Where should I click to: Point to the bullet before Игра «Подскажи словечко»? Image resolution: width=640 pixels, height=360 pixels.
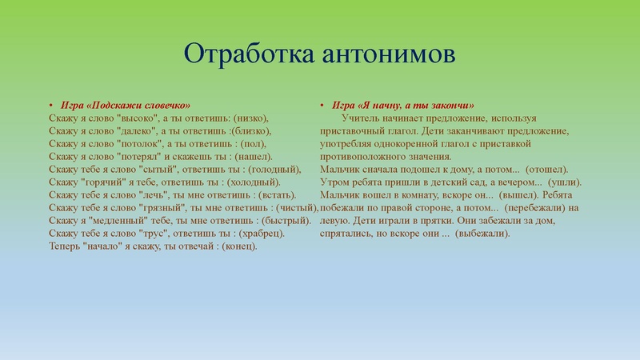pos(50,106)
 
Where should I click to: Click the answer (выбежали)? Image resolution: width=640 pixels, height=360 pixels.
pos(487,233)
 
